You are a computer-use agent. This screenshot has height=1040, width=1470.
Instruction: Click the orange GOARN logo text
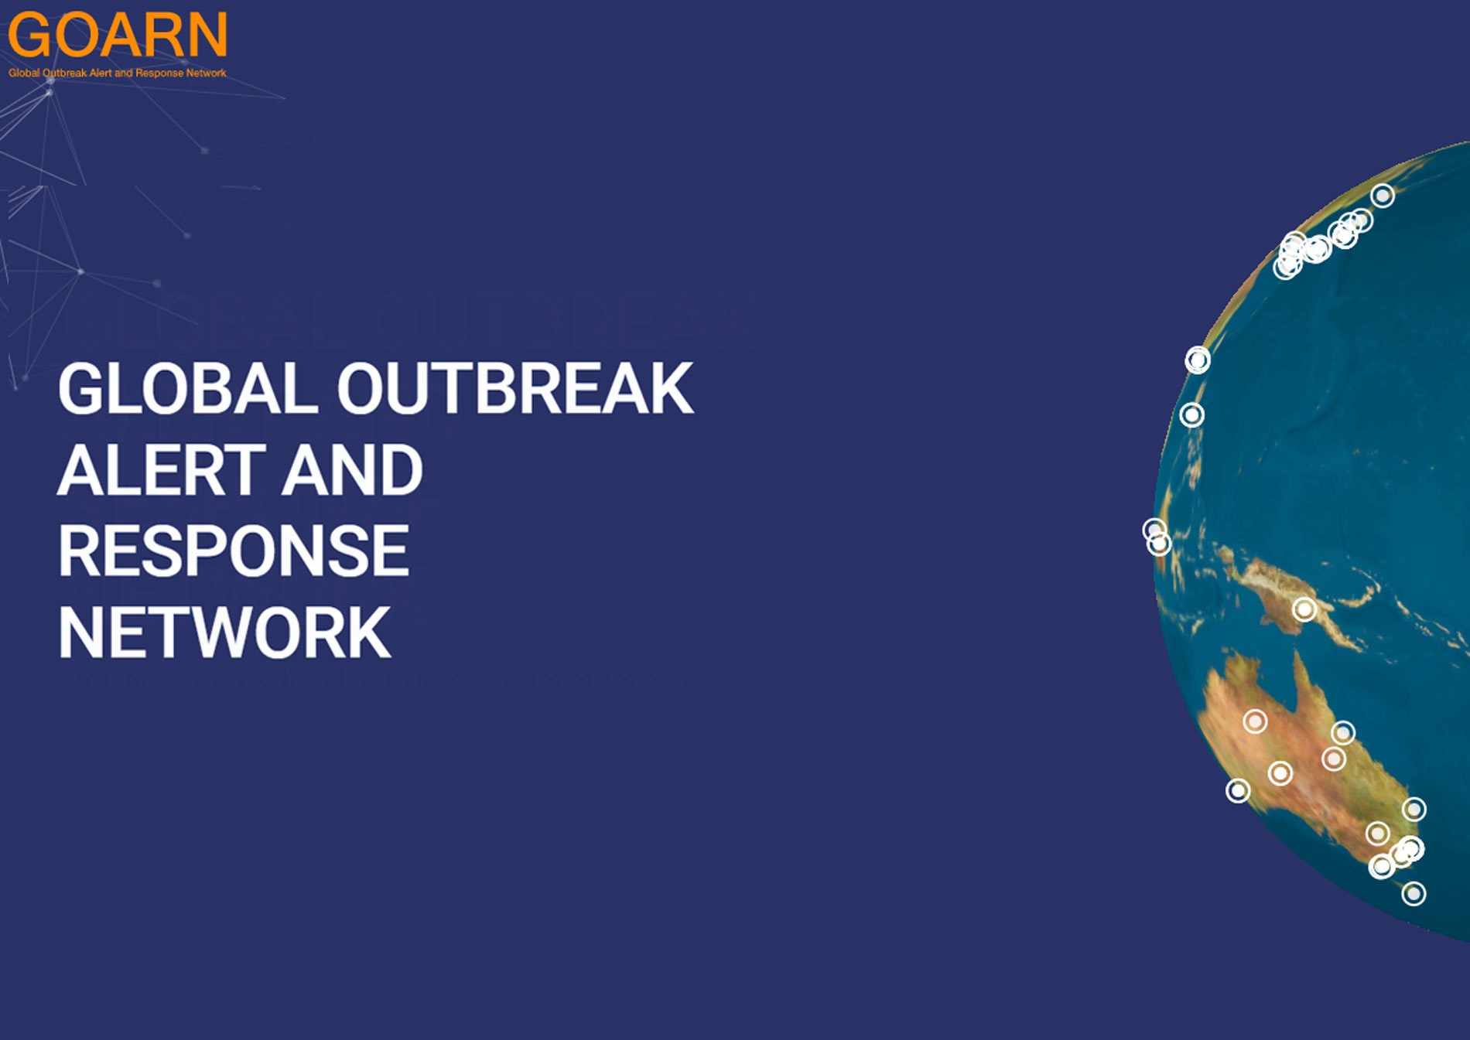pos(118,36)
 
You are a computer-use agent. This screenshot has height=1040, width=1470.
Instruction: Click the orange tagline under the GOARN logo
pos(118,73)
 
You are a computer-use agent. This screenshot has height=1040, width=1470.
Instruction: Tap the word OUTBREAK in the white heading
pos(514,389)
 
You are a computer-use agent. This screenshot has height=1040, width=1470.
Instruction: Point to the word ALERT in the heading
pos(162,470)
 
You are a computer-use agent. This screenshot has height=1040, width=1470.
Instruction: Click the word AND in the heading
pos(352,470)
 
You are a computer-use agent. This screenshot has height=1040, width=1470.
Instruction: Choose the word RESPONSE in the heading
pos(233,551)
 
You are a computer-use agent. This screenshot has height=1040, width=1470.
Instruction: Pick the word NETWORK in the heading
pos(224,633)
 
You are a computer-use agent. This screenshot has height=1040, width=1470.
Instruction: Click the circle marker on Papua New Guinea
pos(1304,609)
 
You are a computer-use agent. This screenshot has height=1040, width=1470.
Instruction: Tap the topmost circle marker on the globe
pos(1383,196)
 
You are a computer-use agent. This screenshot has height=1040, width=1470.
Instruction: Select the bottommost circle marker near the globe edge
pos(1414,894)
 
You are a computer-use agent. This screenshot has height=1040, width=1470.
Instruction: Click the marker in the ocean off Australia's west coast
pos(1238,790)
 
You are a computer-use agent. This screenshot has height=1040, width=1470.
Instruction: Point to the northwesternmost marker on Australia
pos(1255,721)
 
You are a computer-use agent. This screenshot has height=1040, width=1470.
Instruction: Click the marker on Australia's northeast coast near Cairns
pos(1342,732)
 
